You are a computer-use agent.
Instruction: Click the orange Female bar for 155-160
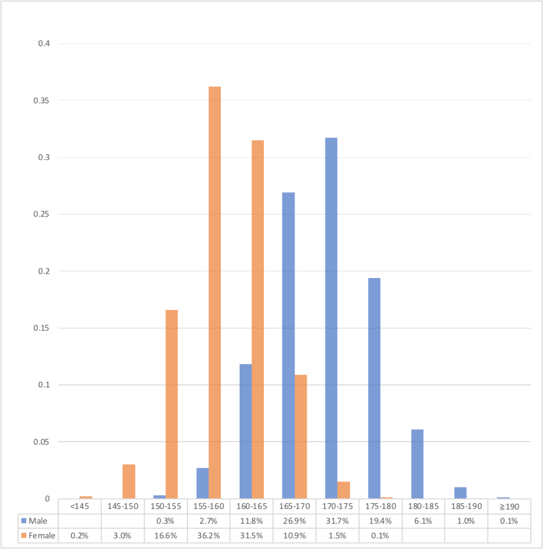pos(215,292)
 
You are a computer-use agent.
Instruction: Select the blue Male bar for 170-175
pos(331,318)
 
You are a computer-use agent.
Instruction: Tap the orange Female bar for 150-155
pos(171,404)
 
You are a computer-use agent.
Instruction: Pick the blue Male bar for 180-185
pos(417,464)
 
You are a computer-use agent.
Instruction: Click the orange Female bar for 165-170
pos(301,436)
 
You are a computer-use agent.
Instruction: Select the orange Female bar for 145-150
pos(129,481)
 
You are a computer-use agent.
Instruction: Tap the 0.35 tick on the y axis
pos(43,101)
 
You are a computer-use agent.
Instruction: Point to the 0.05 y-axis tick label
pos(43,442)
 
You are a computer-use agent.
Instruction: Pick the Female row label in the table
pos(41,535)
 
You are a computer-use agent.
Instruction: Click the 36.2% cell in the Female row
pos(208,535)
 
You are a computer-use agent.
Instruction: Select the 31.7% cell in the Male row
pos(337,520)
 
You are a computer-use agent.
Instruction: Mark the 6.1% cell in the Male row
pos(423,520)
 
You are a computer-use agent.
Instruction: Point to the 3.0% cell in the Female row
pos(123,535)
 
